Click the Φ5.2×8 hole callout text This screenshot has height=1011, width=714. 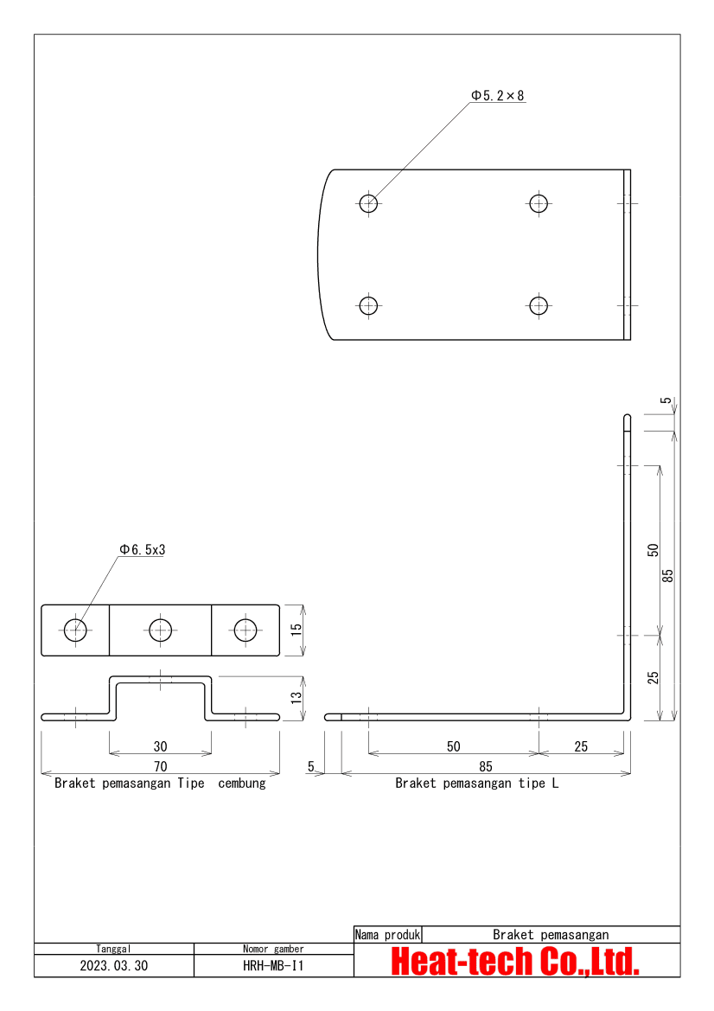[x=497, y=96]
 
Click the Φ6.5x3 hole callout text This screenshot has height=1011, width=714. [x=142, y=549]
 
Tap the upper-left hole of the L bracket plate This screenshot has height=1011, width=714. [x=369, y=203]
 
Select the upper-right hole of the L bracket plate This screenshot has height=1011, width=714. [x=539, y=203]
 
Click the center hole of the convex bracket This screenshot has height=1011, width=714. [x=161, y=630]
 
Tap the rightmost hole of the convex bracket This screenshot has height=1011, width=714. [x=245, y=630]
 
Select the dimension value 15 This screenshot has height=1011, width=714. [x=296, y=630]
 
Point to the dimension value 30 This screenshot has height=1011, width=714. [x=161, y=746]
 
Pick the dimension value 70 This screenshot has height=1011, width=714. [x=161, y=766]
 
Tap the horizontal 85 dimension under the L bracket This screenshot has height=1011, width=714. [x=486, y=766]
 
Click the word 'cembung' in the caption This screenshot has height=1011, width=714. [x=242, y=784]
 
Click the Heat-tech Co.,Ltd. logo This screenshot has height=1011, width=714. [x=516, y=962]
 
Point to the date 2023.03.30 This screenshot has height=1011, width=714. [x=114, y=966]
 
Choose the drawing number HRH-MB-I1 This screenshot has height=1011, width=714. [x=273, y=966]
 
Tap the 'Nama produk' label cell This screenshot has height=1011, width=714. [x=388, y=935]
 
